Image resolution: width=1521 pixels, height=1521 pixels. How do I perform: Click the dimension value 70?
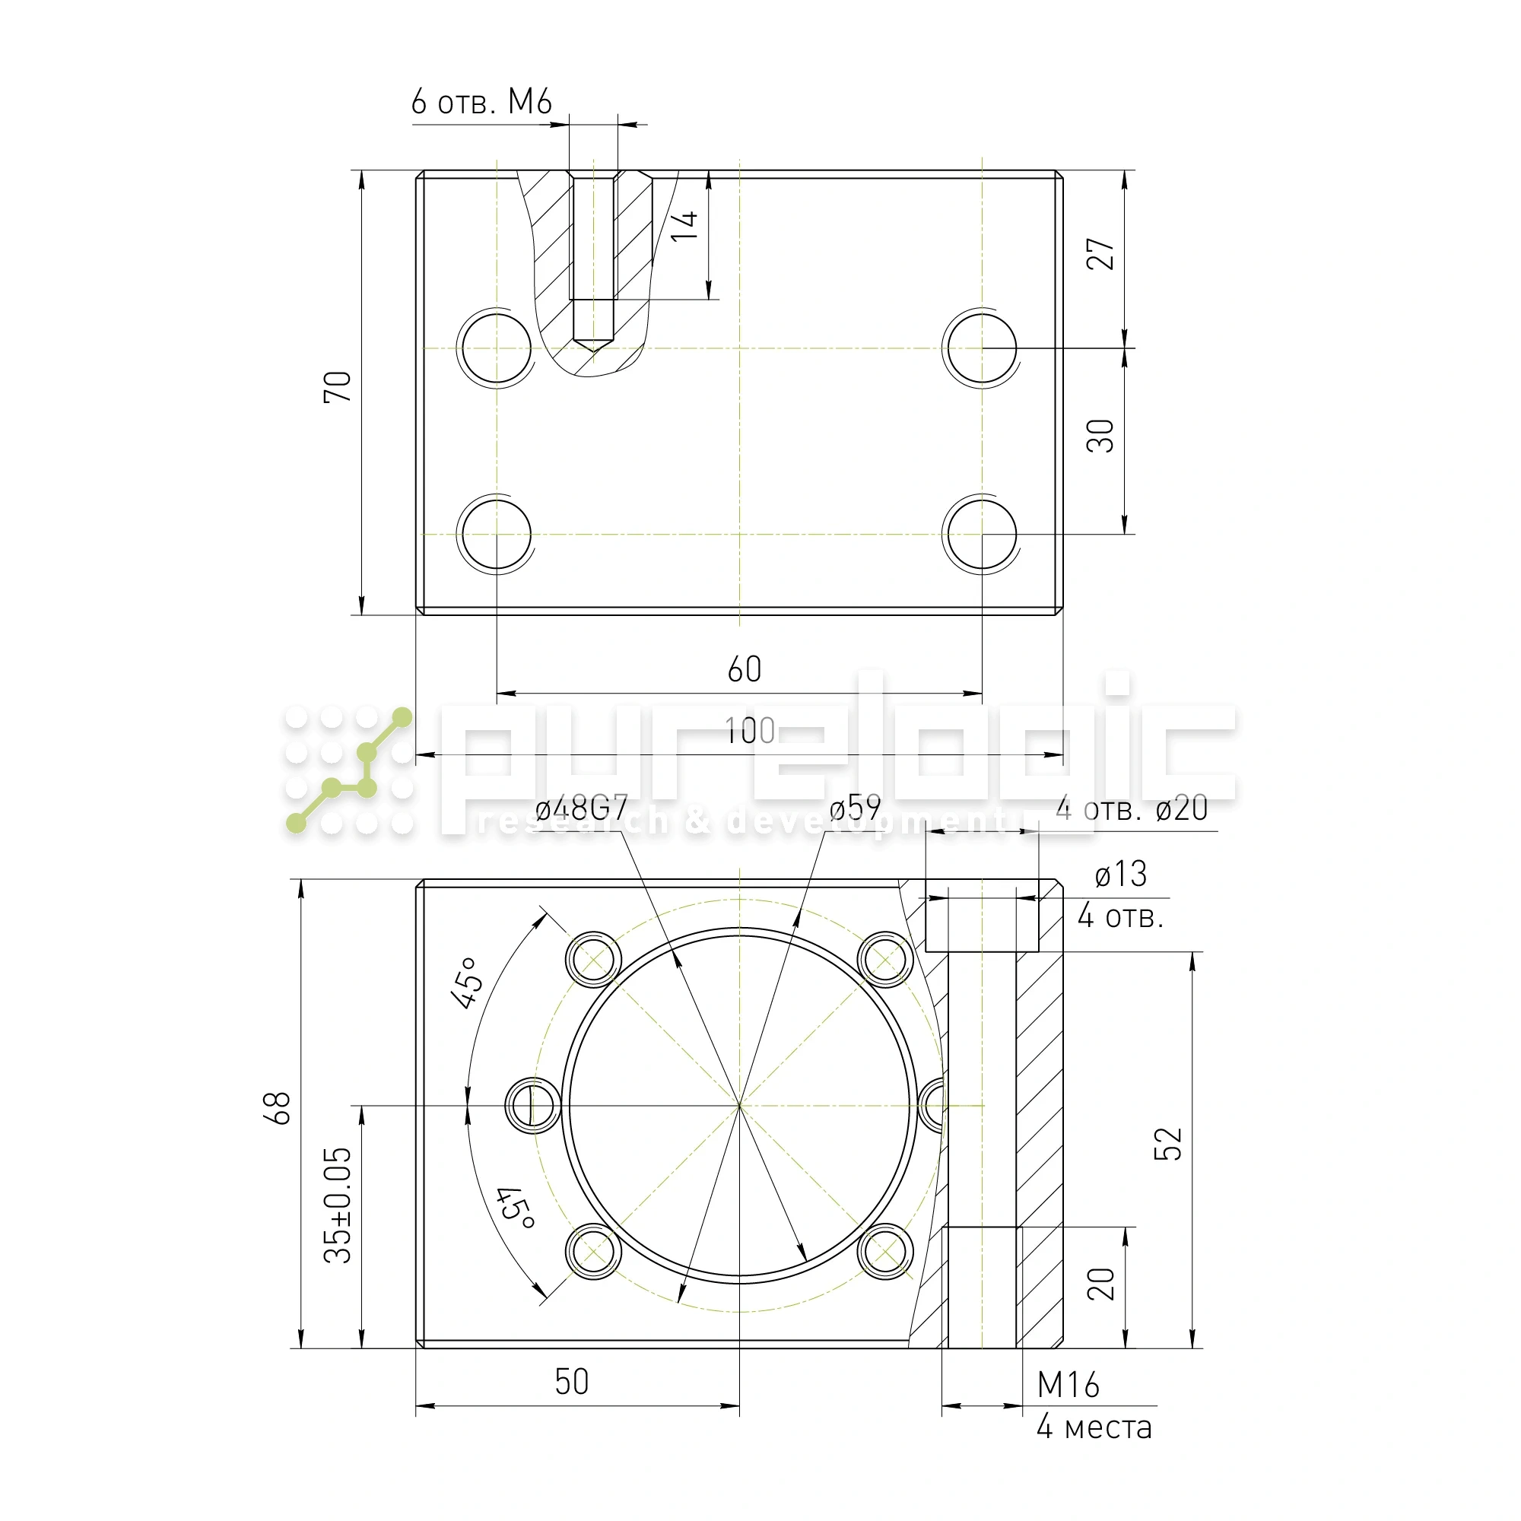pyautogui.click(x=338, y=386)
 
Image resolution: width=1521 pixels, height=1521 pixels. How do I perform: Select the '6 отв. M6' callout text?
pyautogui.click(x=481, y=103)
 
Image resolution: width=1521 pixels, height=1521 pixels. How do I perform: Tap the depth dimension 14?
pyautogui.click(x=684, y=225)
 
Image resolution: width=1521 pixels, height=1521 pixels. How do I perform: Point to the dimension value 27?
pyautogui.click(x=1100, y=253)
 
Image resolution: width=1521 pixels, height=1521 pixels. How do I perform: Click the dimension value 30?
pyautogui.click(x=1100, y=435)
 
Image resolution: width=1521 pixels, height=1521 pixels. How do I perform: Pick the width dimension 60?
pyautogui.click(x=744, y=669)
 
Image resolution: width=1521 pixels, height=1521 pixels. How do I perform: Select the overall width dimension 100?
pyautogui.click(x=751, y=732)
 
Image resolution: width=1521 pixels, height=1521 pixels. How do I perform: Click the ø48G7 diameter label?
pyautogui.click(x=581, y=808)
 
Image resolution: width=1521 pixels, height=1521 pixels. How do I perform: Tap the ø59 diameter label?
pyautogui.click(x=855, y=808)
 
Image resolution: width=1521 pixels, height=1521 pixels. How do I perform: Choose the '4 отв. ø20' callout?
pyautogui.click(x=1132, y=808)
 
